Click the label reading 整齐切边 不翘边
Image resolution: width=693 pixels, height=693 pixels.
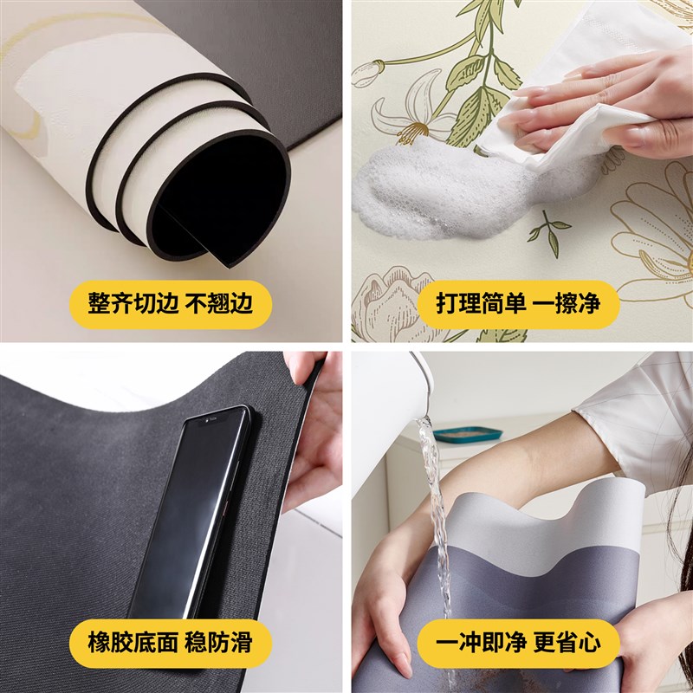(x=170, y=303)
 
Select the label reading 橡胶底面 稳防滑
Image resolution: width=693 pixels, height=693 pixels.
(x=170, y=642)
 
